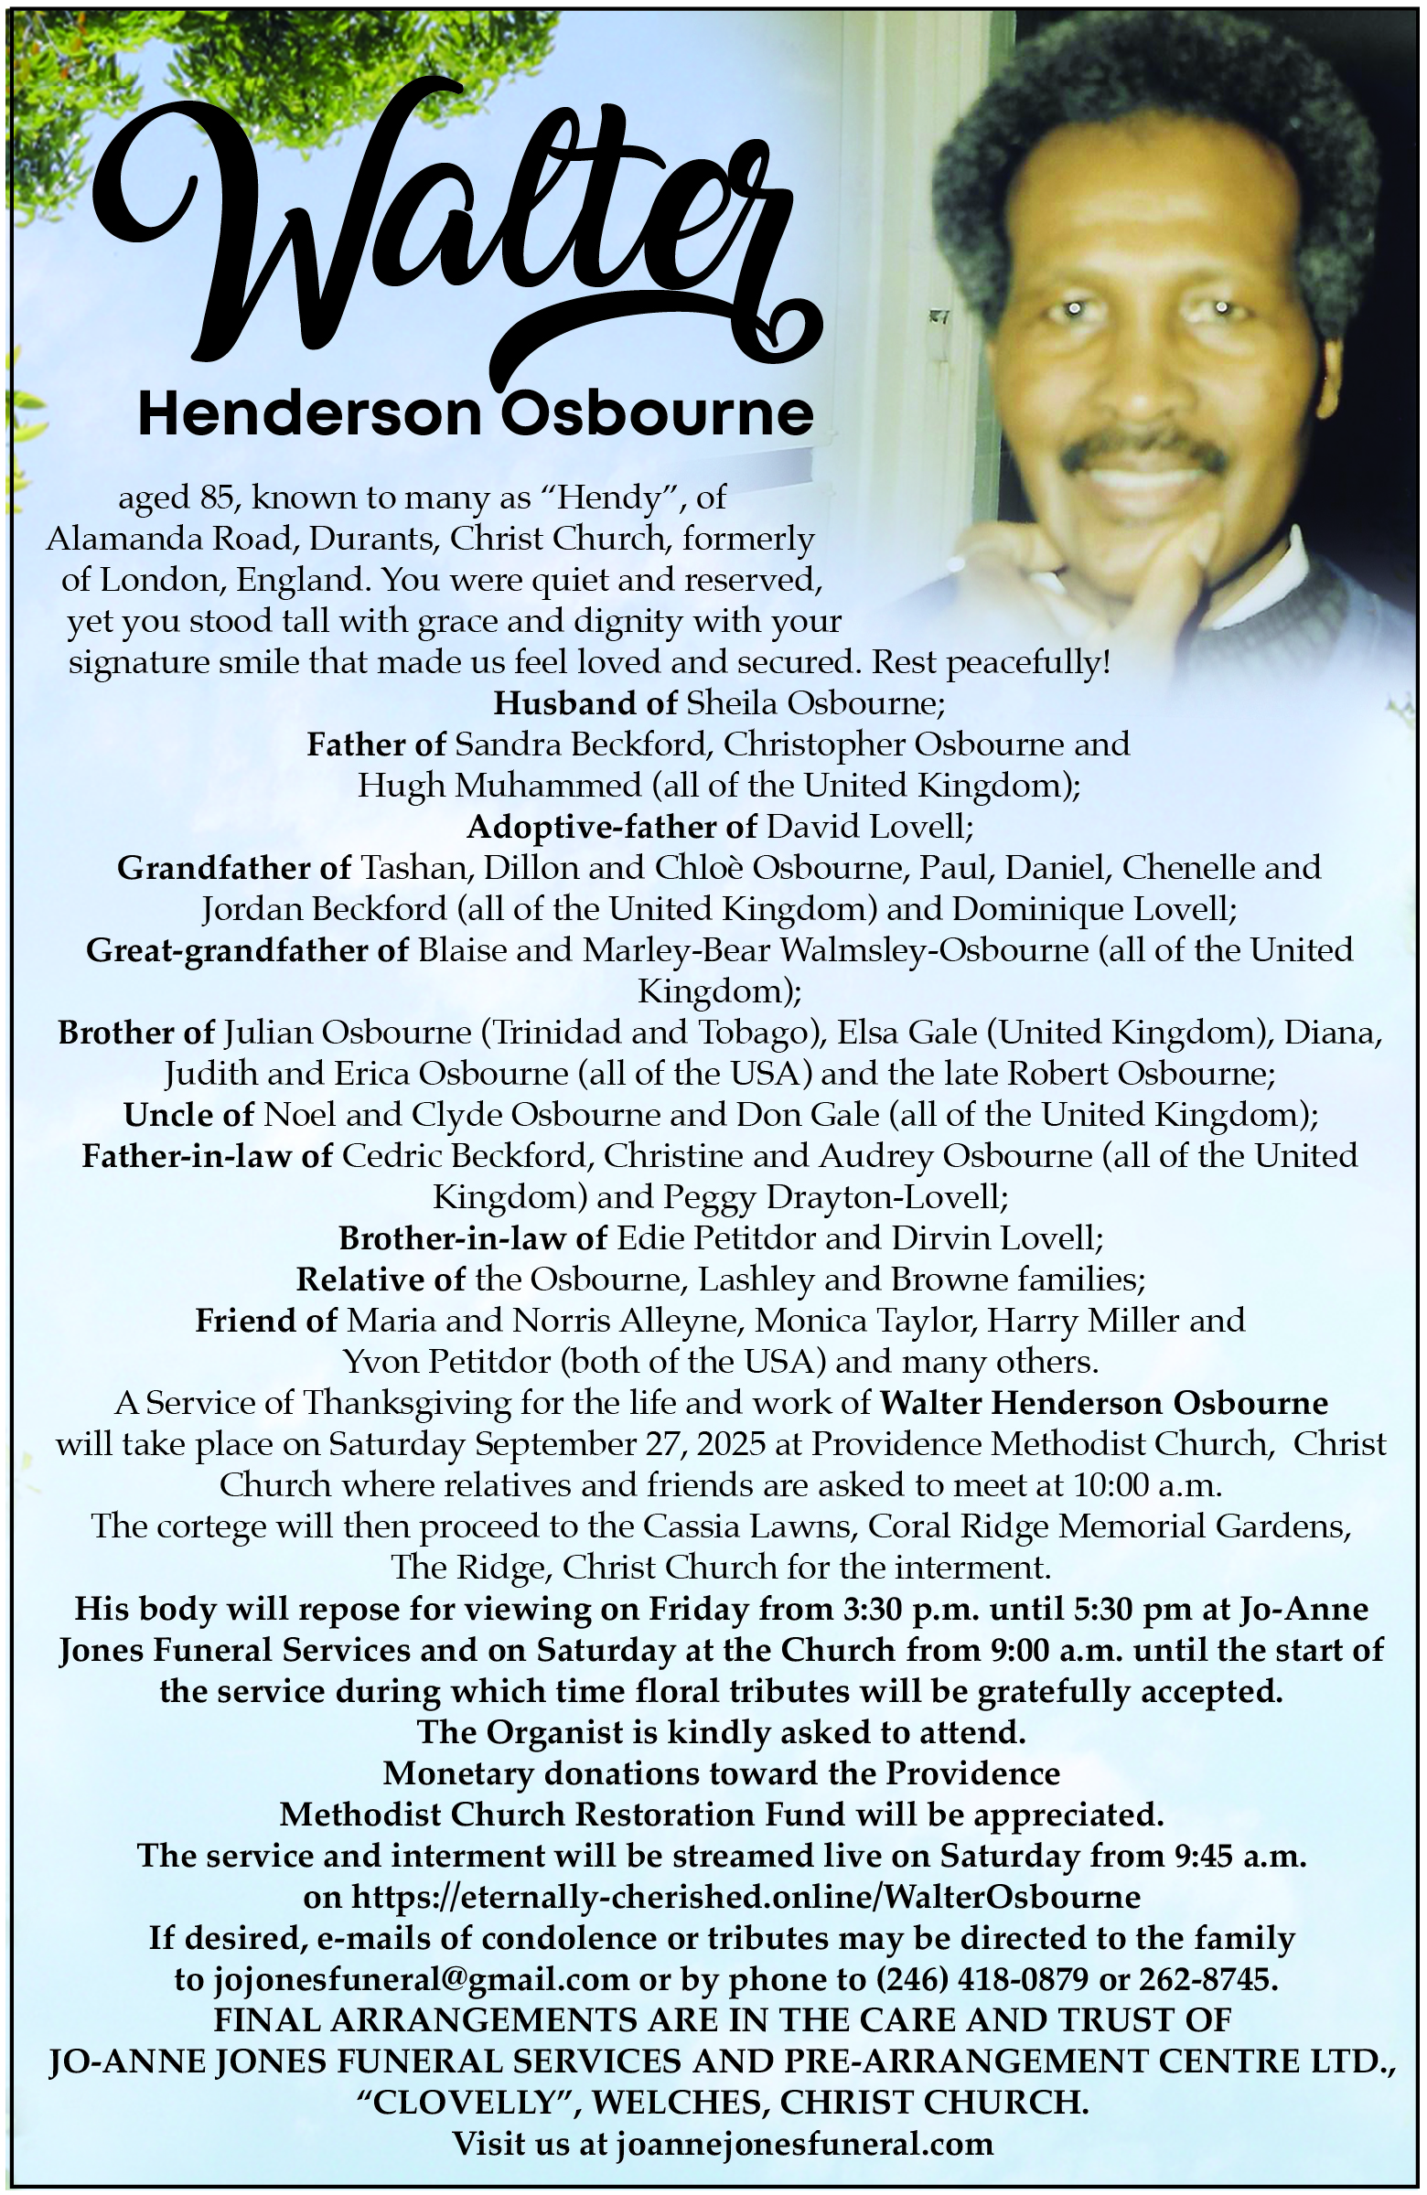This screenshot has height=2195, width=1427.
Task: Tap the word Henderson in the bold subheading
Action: (309, 415)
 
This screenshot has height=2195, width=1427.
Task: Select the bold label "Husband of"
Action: (585, 703)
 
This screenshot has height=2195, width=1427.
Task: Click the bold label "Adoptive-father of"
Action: (612, 828)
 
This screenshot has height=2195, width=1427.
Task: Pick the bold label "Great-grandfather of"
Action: (246, 950)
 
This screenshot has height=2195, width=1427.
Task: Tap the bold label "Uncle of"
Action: (188, 1115)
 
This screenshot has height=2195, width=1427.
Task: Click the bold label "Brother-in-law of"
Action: (472, 1237)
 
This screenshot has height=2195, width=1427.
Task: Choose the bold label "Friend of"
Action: (265, 1321)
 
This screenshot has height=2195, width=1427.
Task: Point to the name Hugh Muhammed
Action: (499, 786)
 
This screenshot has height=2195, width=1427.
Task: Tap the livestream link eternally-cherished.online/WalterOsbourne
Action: (746, 1897)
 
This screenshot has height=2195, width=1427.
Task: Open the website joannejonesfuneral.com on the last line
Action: (804, 2144)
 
